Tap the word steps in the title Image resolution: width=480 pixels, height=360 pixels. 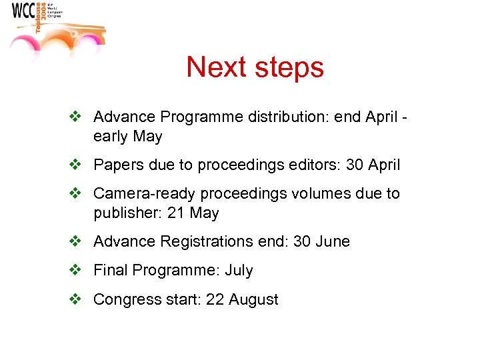pos(291,67)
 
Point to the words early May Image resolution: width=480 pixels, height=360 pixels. pos(127,137)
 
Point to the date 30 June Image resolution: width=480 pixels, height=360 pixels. pos(321,241)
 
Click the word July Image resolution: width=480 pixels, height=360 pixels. pos(239,270)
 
